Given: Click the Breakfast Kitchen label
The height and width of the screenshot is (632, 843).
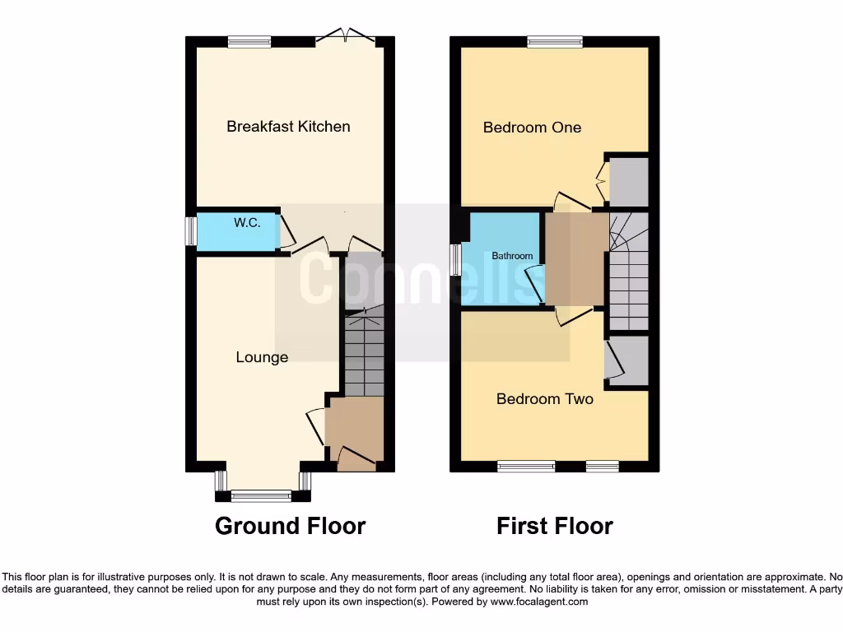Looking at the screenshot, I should tap(288, 126).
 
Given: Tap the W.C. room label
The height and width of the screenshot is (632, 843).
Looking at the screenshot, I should tap(247, 222).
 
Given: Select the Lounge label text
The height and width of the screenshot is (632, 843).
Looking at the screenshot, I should tap(262, 357).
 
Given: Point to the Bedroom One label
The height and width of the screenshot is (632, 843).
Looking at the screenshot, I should tap(532, 127).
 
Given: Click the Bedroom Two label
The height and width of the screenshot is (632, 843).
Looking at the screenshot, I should tap(544, 399).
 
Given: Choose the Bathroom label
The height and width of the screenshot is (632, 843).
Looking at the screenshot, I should tap(512, 256).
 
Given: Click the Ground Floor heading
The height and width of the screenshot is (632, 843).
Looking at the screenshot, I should tap(290, 526).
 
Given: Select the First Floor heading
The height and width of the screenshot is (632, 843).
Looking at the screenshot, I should tap(554, 526).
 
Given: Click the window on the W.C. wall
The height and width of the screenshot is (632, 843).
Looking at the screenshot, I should tap(190, 230).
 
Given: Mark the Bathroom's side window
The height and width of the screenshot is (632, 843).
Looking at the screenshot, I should tap(455, 259).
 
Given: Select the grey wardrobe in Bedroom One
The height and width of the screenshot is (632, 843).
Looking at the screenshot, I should tap(628, 180).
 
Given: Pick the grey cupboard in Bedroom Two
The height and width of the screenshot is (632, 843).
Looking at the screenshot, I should tap(628, 360).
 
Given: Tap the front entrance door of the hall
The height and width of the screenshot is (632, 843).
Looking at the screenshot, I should tap(356, 457).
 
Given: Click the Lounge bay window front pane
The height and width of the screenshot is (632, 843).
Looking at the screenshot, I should tap(261, 495).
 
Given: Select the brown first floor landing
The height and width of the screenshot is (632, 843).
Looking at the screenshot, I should tap(576, 258).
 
